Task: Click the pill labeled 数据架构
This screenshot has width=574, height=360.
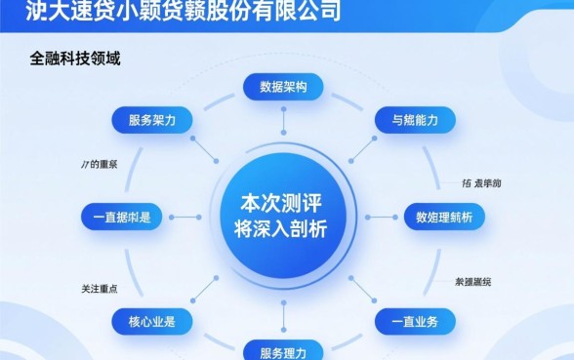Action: [x=283, y=87]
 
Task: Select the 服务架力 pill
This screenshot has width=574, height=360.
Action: [x=152, y=121]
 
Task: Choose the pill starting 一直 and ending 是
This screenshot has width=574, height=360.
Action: [x=121, y=217]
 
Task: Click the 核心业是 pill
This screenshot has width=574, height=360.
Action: [x=152, y=320]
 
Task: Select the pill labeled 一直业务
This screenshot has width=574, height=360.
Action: [x=415, y=320]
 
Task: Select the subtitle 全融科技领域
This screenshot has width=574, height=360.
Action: [x=74, y=59]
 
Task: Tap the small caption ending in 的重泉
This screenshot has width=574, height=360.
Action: [x=99, y=164]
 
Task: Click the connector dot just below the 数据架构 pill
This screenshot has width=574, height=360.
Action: [x=283, y=126]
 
